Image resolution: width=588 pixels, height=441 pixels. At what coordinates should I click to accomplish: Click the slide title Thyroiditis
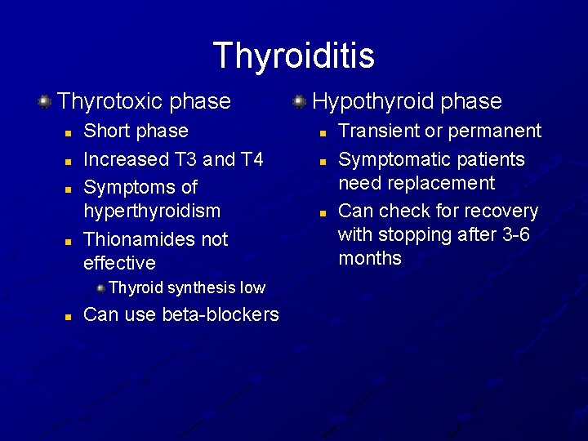click(293, 56)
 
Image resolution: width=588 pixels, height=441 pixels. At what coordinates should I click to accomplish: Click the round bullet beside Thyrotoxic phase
click(44, 101)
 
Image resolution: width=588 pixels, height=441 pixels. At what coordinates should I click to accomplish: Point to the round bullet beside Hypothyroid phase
click(300, 101)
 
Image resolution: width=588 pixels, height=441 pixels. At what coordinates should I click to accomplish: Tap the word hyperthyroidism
click(152, 211)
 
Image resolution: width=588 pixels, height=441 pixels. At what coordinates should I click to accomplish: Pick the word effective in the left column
click(119, 263)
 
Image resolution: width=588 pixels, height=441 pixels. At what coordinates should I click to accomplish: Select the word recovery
click(501, 211)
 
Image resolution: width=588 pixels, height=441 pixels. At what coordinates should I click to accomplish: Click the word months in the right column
click(370, 258)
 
